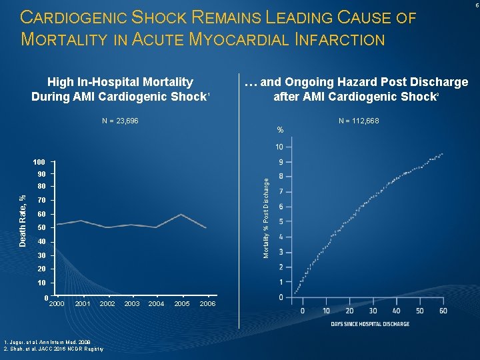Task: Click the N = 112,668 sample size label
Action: click(359, 121)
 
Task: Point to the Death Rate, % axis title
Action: click(23, 221)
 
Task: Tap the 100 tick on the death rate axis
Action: click(39, 163)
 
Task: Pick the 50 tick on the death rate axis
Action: click(41, 228)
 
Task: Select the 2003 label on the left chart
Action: click(132, 304)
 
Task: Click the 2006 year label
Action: click(207, 304)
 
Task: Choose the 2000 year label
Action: click(57, 304)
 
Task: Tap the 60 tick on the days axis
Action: click(443, 311)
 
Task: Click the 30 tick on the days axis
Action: click(373, 311)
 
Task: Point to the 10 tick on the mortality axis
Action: click(279, 147)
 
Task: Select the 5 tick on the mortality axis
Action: click(281, 222)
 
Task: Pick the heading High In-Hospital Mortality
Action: click(120, 82)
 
